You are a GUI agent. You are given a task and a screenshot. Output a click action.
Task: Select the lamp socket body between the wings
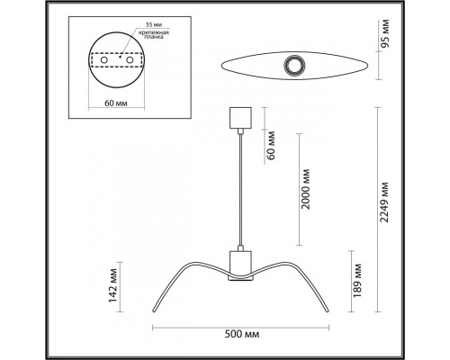pyautogui.click(x=238, y=263)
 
